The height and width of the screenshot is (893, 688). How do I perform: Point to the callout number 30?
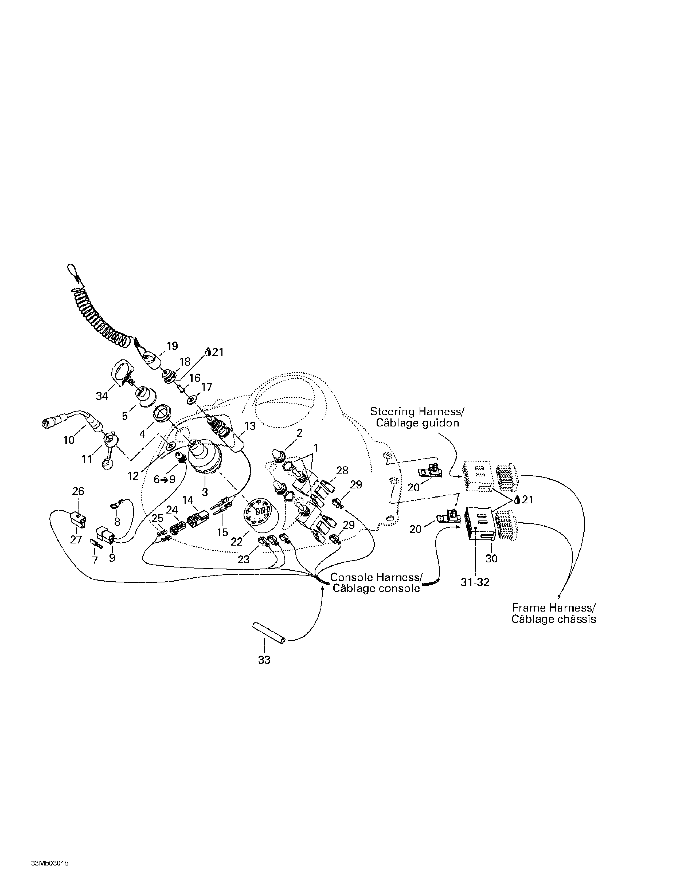coord(491,559)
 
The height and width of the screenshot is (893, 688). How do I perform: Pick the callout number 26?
coord(78,491)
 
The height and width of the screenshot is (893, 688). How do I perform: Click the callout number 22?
coord(236,542)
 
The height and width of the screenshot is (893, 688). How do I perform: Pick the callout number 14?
coord(188,500)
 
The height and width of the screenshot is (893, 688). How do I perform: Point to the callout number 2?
coord(299,433)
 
